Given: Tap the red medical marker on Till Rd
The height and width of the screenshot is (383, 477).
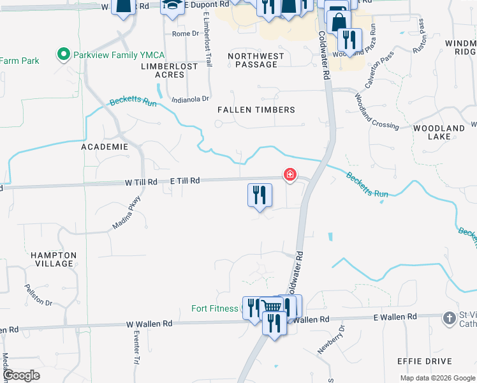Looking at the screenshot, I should coord(290,174).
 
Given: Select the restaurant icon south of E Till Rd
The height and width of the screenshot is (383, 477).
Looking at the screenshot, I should coord(260,195).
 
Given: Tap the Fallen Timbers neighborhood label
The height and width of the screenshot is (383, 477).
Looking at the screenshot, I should coord(256,110).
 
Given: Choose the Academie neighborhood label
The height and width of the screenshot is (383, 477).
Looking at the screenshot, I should coord(105,147).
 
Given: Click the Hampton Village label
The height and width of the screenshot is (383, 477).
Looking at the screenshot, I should coord(54,259).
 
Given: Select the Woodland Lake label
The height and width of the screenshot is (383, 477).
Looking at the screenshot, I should coord(439,132).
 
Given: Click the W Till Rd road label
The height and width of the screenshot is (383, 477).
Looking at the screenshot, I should coord(141,182).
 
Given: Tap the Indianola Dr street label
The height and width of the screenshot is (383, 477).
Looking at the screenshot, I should coord(190,99).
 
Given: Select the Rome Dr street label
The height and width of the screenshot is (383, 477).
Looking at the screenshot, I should coord(186,34).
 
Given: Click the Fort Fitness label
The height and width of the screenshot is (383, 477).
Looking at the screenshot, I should coord(215,309).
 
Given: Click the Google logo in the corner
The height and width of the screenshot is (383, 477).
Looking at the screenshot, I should coord(22,375).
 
